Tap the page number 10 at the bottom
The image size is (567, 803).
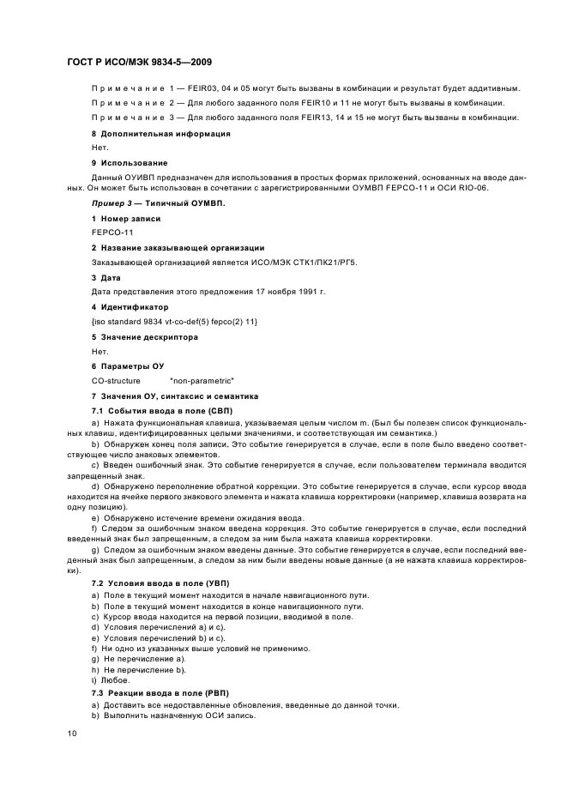pos(72,733)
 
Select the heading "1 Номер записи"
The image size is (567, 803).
pos(126,219)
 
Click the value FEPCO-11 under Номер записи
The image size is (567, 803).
pos(112,232)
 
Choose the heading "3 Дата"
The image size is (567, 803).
pos(106,277)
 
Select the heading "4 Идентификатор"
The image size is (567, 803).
pos(130,306)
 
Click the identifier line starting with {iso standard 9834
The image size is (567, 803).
pos(174,321)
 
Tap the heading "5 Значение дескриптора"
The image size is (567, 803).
pos(144,336)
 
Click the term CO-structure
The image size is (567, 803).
pos(116,380)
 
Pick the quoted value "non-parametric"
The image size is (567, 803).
pos(202,380)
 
